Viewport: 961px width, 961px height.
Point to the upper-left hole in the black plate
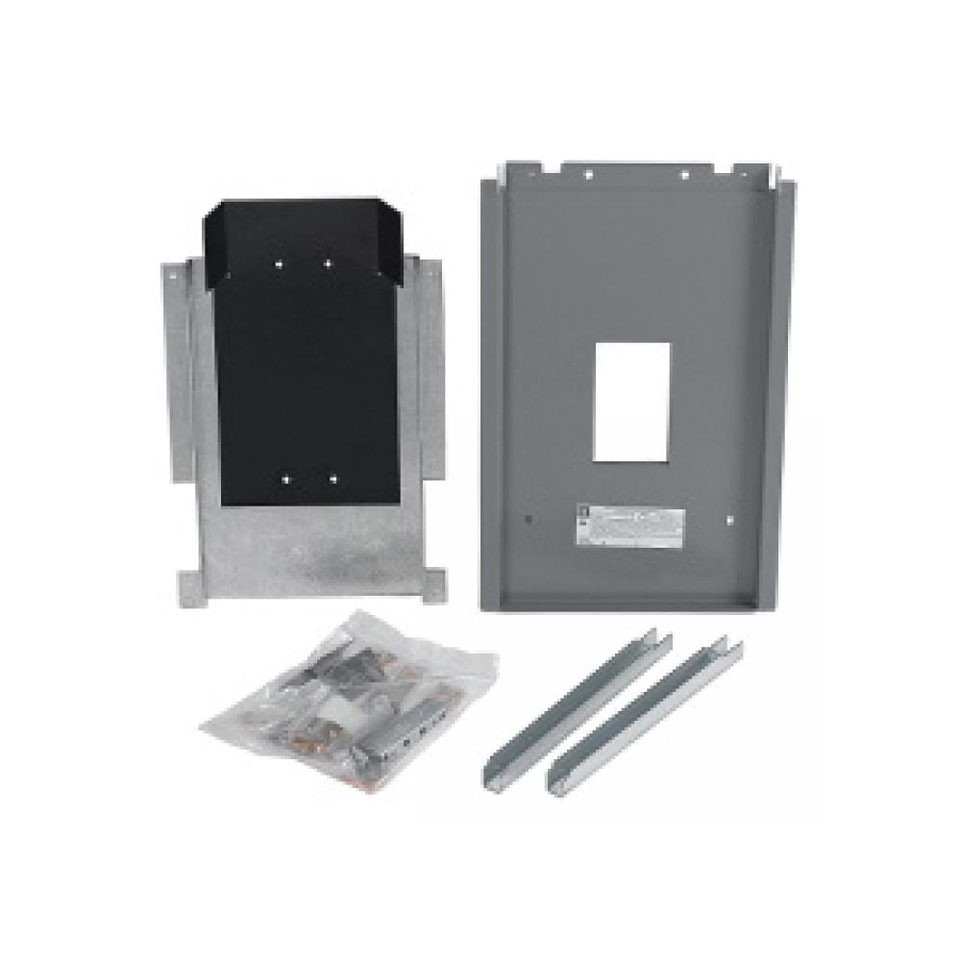point(278,261)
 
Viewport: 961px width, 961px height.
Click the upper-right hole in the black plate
point(328,262)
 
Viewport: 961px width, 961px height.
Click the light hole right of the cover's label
point(730,520)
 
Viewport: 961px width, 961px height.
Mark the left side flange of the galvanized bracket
point(174,404)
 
